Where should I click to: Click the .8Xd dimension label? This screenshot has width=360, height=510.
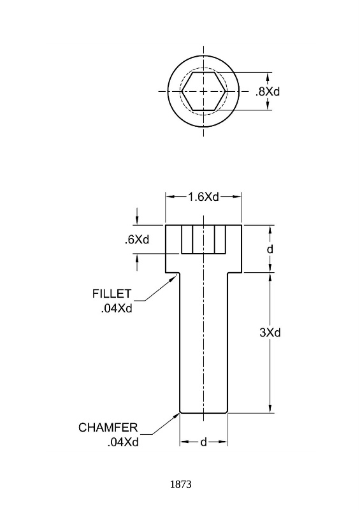pos(268,92)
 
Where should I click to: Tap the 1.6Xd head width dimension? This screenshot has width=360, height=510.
pos(204,197)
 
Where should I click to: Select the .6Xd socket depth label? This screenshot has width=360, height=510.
pos(137,240)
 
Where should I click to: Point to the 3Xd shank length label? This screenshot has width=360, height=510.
pos(270,332)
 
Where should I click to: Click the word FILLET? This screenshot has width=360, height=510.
pos(112,294)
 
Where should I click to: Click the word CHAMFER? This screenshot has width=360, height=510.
pos(108,427)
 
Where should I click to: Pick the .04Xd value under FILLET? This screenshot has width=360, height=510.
pos(117,309)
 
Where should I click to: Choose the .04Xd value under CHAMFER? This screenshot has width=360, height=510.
pos(123,442)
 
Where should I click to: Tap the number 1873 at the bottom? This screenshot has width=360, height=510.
pos(181,484)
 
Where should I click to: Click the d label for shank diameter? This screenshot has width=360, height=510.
pos(204,442)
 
